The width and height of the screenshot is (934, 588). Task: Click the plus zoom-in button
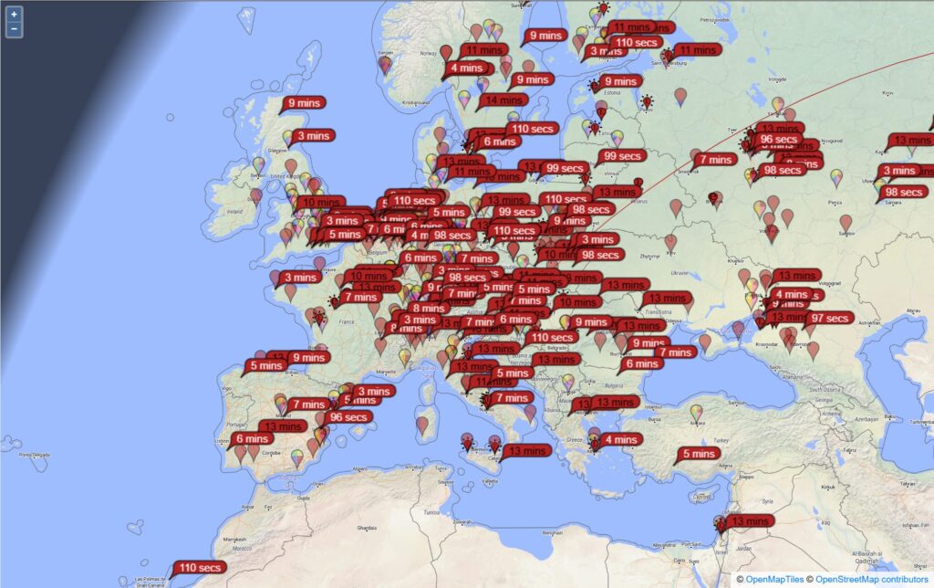tap(14, 15)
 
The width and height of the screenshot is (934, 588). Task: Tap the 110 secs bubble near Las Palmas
tap(200, 567)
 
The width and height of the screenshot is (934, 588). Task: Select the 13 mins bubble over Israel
tap(750, 520)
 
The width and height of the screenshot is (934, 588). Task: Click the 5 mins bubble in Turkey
tap(699, 454)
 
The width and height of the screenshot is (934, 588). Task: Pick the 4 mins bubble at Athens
tap(619, 439)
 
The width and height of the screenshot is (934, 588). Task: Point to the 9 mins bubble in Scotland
tap(304, 103)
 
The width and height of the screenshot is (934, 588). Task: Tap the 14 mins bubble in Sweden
tap(501, 100)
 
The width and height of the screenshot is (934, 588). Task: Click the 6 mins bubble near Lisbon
tap(252, 438)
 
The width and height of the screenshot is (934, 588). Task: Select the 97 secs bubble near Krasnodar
tap(829, 318)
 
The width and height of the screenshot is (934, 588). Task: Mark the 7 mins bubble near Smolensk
tap(715, 159)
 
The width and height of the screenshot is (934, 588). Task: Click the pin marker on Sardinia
tap(422, 425)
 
